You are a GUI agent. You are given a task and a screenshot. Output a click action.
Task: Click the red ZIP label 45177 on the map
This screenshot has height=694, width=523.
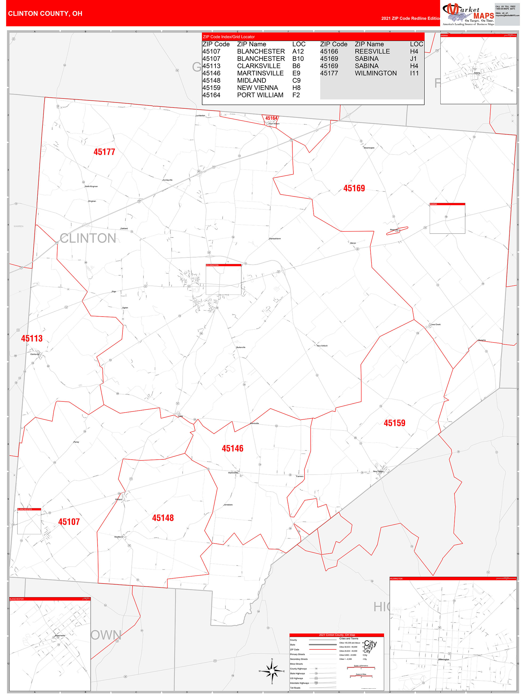[x=104, y=152]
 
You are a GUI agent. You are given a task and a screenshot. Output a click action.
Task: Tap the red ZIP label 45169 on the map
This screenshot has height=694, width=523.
[x=354, y=188]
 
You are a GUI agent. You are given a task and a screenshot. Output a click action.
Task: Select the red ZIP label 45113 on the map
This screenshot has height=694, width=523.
[x=32, y=338]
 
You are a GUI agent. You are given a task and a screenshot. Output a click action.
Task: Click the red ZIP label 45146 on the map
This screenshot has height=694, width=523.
[x=232, y=449]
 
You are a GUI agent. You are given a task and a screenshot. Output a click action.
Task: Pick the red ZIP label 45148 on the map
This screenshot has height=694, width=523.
[x=163, y=518]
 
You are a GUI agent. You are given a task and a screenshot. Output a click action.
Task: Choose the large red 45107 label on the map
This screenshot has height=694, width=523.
[x=69, y=522]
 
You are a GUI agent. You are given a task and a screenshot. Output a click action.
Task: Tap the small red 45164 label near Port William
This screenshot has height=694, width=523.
[x=271, y=118]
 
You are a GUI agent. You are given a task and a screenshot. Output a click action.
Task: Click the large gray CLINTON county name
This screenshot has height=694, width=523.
[x=88, y=238]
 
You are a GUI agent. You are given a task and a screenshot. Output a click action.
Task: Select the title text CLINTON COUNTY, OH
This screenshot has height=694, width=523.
[x=45, y=14]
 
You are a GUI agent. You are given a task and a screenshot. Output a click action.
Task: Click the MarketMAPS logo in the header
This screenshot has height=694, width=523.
[x=468, y=14]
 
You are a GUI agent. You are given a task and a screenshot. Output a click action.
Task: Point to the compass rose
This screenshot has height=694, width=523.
[x=272, y=671]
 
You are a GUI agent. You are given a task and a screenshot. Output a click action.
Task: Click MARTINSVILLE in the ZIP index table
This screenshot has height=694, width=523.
[x=260, y=73]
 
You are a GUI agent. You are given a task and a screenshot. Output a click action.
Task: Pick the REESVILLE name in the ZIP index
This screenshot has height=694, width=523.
[x=372, y=52]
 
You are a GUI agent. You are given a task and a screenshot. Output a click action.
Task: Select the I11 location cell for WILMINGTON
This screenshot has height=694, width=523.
[x=414, y=73]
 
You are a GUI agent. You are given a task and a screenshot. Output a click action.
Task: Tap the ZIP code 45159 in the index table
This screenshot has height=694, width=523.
[x=211, y=88]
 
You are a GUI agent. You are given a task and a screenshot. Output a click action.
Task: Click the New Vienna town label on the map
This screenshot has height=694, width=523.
[x=378, y=471]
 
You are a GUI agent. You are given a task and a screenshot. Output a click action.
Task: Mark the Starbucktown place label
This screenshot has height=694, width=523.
[x=275, y=239]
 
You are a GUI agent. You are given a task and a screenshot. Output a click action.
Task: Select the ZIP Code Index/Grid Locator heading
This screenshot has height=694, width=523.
[x=229, y=37]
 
